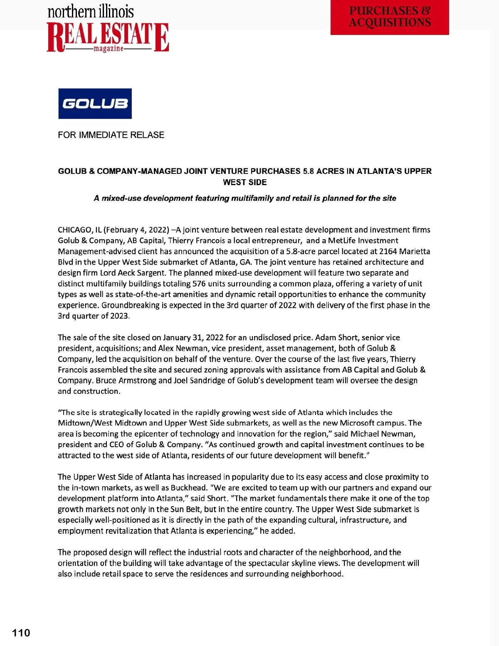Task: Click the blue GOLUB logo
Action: (95, 104)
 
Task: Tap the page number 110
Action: (21, 633)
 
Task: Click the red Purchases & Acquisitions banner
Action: (390, 17)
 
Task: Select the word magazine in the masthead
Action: (109, 49)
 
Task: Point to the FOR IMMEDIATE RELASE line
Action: (111, 135)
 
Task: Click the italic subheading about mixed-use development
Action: (245, 198)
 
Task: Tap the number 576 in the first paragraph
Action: (199, 284)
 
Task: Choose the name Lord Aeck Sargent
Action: (132, 273)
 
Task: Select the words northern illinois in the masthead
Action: (91, 12)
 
